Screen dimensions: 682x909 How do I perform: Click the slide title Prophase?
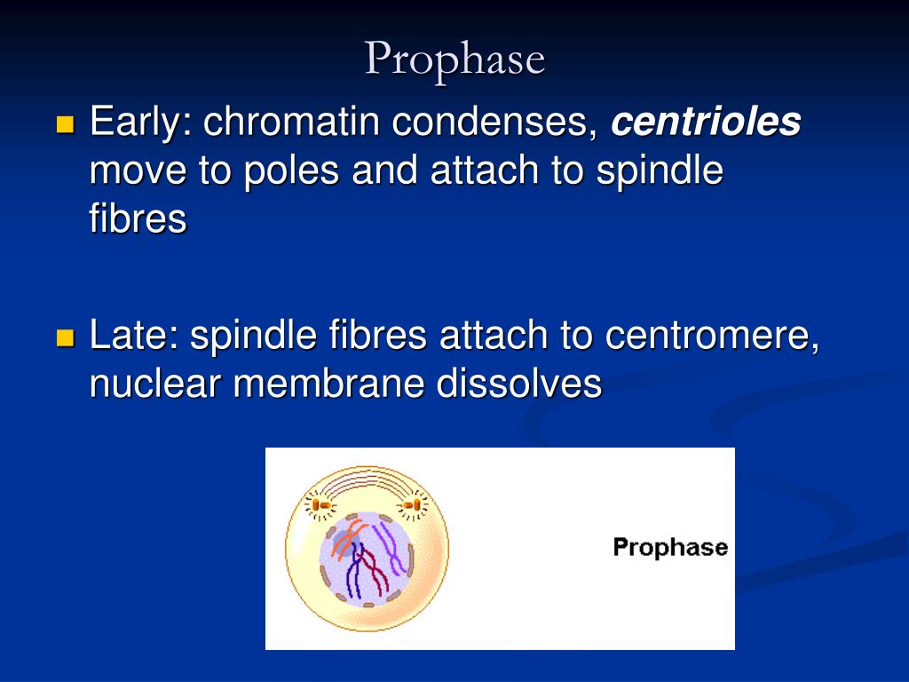[454, 59]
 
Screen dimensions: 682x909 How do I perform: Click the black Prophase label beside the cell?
[670, 547]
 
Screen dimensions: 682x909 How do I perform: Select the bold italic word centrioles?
[706, 123]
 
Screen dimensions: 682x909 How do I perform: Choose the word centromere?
[711, 337]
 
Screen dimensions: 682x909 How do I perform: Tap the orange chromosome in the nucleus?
[345, 538]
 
